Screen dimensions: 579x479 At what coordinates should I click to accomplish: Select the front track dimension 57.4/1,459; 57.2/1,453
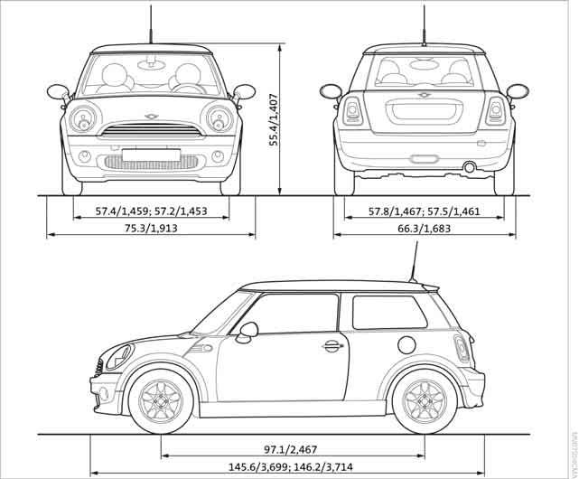click(151, 211)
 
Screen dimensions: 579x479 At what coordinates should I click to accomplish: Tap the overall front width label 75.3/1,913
click(151, 229)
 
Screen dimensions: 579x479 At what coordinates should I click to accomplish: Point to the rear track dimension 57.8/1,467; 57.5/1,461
click(423, 211)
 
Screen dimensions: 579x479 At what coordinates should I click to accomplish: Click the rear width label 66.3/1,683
click(423, 229)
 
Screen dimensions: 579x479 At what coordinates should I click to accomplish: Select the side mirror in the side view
click(246, 331)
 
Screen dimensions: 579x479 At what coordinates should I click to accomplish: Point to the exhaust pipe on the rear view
click(470, 167)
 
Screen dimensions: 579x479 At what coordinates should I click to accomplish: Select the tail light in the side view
click(462, 348)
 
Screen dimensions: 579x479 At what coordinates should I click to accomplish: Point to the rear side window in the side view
click(388, 312)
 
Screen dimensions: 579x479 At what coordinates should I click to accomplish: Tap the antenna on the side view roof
click(415, 268)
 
